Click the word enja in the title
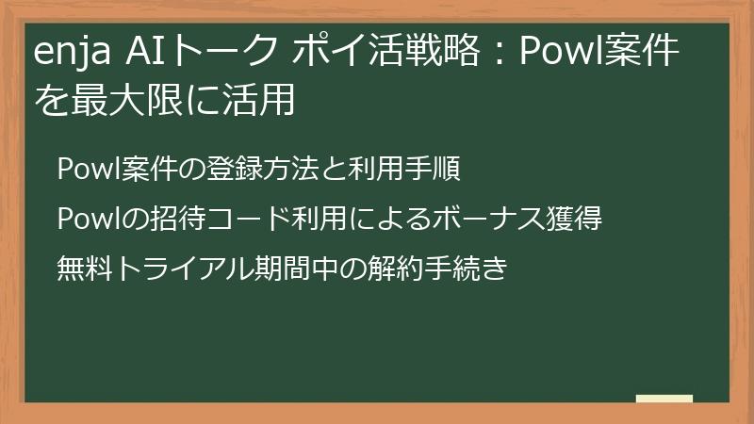click(x=74, y=55)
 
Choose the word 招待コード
click(x=213, y=220)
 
